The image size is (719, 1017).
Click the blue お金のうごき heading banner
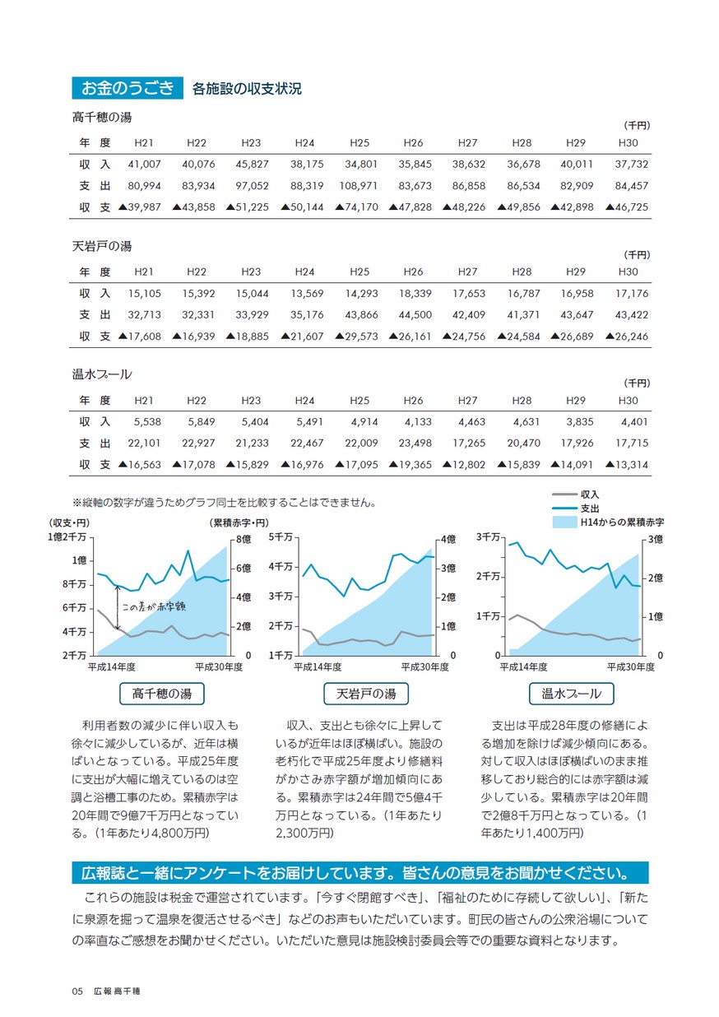tap(127, 87)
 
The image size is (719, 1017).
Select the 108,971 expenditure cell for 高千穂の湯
tap(358, 186)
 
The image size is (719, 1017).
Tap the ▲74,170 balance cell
tap(356, 207)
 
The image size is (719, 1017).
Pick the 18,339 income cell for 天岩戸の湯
tap(415, 293)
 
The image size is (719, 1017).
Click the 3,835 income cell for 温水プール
tap(580, 422)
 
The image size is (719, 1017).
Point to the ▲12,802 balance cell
tap(463, 464)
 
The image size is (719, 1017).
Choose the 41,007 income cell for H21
tap(144, 164)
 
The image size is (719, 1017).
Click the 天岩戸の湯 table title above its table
tap(102, 246)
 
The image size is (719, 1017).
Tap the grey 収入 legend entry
tap(576, 495)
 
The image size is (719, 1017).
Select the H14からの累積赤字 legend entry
tap(608, 522)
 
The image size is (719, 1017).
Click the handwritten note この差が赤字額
tap(154, 606)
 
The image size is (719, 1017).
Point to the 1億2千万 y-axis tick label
tap(67, 537)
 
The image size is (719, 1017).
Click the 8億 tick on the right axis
tap(244, 539)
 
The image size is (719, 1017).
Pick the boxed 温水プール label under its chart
tap(571, 694)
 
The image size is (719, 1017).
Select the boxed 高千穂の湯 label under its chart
tap(161, 694)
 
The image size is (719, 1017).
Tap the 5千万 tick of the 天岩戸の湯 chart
tap(281, 537)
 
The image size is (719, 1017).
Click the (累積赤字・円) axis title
tap(239, 523)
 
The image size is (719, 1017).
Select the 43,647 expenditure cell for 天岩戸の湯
tap(577, 314)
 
